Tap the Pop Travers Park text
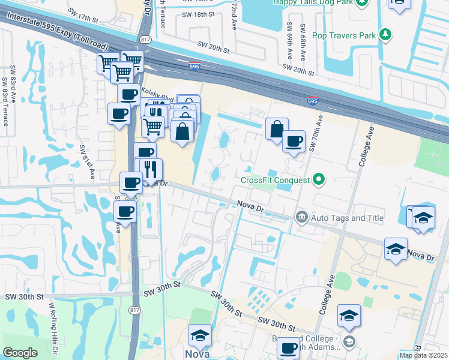342,35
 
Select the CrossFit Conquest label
275,179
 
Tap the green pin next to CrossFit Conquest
319,179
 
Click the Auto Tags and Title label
347,218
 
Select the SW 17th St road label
83,14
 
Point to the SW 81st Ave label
86,161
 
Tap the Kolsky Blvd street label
157,94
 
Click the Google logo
20,353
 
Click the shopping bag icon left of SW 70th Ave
276,128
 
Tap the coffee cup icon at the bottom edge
289,347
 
